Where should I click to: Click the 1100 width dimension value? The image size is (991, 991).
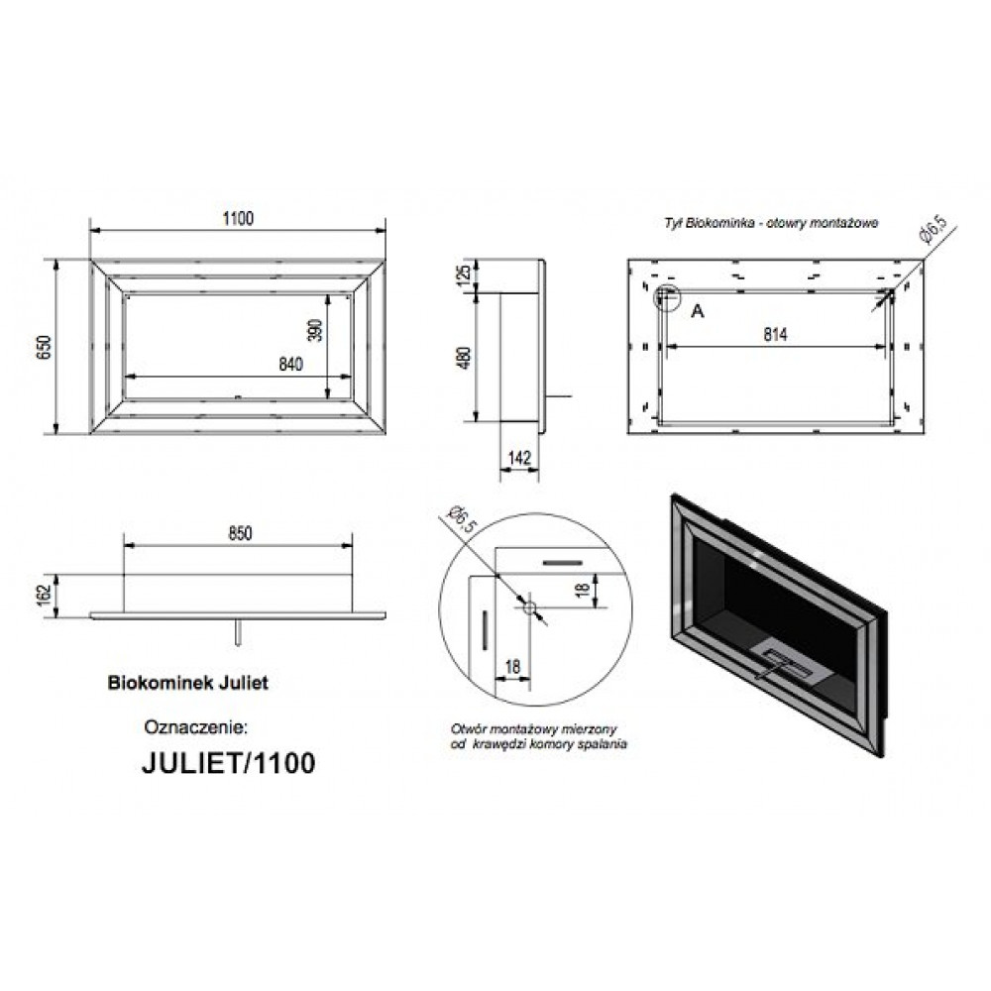click(238, 218)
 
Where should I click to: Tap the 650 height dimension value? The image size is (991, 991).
click(44, 347)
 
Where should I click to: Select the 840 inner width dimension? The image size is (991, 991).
click(290, 364)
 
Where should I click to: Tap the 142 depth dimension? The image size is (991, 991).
click(519, 457)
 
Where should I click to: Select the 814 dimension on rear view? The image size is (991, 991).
click(775, 334)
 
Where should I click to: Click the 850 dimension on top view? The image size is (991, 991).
click(240, 533)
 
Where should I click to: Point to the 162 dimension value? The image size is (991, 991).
click(44, 596)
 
